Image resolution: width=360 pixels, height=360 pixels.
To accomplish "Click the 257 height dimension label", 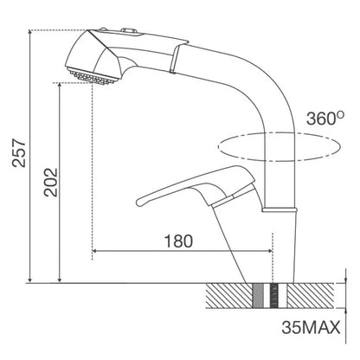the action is click(x=19, y=153).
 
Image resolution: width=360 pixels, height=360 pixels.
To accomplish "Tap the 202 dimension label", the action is click(x=51, y=183).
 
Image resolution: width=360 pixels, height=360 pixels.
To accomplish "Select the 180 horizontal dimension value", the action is click(x=178, y=241).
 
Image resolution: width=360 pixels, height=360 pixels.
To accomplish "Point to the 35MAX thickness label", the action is click(x=311, y=327).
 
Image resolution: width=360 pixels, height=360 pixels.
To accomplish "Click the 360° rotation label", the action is click(x=325, y=118).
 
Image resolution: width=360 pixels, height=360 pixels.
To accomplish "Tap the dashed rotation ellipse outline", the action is click(x=218, y=147).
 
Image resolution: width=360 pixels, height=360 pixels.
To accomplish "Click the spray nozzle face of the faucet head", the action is click(x=93, y=76).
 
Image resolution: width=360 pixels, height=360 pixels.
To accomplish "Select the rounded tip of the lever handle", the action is click(x=139, y=202).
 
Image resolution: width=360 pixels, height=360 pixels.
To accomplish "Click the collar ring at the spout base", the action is click(x=280, y=209).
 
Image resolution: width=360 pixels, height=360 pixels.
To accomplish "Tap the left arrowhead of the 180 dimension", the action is click(x=94, y=251).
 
